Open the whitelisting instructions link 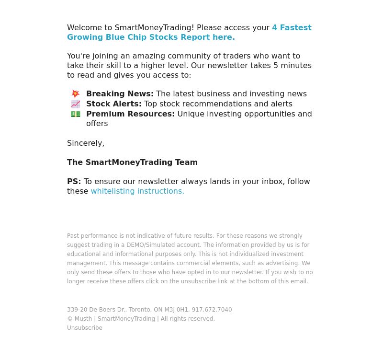137,191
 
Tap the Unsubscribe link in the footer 85,328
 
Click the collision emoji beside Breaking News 76,94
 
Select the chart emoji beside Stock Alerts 76,104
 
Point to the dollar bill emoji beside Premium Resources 76,114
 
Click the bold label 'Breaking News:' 120,94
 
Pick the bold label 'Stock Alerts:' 114,104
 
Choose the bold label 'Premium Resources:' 130,114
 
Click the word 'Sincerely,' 86,143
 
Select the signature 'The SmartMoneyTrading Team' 132,163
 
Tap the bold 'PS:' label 74,182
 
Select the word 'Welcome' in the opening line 83,28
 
